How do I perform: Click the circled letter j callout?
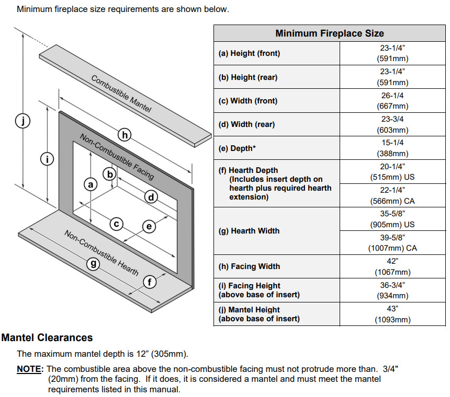22,121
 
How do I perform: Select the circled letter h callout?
125,135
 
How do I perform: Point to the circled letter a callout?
91,184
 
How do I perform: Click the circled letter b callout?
109,174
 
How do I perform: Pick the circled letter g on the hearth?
94,264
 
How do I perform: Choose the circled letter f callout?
150,283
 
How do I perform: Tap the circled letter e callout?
149,226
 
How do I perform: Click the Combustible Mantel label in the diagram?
121,94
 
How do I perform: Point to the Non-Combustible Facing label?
117,156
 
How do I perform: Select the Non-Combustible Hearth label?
102,252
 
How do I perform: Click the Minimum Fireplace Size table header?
330,33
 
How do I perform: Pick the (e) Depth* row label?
237,148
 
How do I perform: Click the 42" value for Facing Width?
392,261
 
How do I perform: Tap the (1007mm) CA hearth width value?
392,248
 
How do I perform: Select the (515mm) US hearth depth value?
392,177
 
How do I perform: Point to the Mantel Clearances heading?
47,337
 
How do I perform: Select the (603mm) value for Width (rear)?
392,130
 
